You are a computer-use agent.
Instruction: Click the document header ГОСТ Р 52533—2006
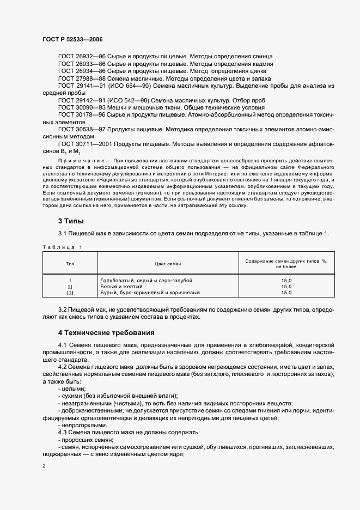point(72,39)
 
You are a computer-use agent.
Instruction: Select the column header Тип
point(70,263)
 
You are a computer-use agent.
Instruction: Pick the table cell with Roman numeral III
point(70,293)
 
